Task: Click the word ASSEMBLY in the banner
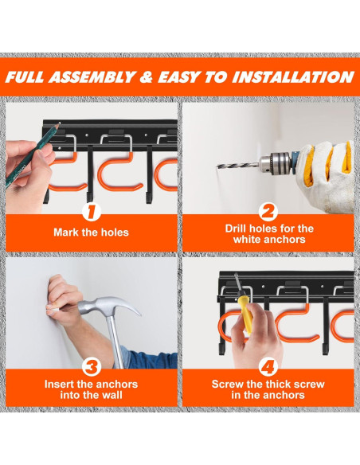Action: pyautogui.click(x=92, y=77)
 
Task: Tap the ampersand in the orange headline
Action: pyautogui.click(x=147, y=77)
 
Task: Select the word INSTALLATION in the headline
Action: pyautogui.click(x=293, y=77)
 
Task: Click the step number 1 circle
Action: pyautogui.click(x=92, y=212)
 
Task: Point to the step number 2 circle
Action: pyautogui.click(x=268, y=212)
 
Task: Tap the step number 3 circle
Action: pyautogui.click(x=92, y=366)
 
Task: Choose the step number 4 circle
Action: pyautogui.click(x=268, y=366)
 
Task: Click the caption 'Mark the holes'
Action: pyautogui.click(x=92, y=232)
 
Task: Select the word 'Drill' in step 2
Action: pyautogui.click(x=236, y=229)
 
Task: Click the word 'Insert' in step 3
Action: pyautogui.click(x=59, y=385)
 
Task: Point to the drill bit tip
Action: pyautogui.click(x=218, y=166)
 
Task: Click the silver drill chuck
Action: pyautogui.click(x=275, y=162)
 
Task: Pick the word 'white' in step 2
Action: pyautogui.click(x=246, y=240)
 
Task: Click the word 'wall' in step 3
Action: pyautogui.click(x=112, y=395)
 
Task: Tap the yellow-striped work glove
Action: pyautogui.click(x=327, y=175)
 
